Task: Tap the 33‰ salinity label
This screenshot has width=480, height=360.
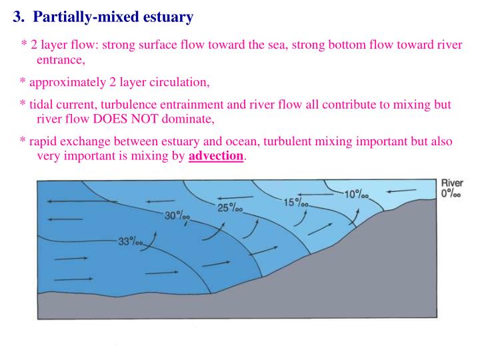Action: (x=130, y=242)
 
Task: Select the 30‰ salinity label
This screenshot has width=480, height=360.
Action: (x=177, y=215)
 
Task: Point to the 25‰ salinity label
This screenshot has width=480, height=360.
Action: (x=230, y=207)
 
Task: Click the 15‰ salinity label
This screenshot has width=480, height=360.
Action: (x=296, y=202)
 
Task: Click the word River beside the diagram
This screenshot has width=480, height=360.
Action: (x=452, y=183)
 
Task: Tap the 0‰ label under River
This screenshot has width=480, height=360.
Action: (x=451, y=194)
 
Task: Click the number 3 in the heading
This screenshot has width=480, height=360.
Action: (x=17, y=15)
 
